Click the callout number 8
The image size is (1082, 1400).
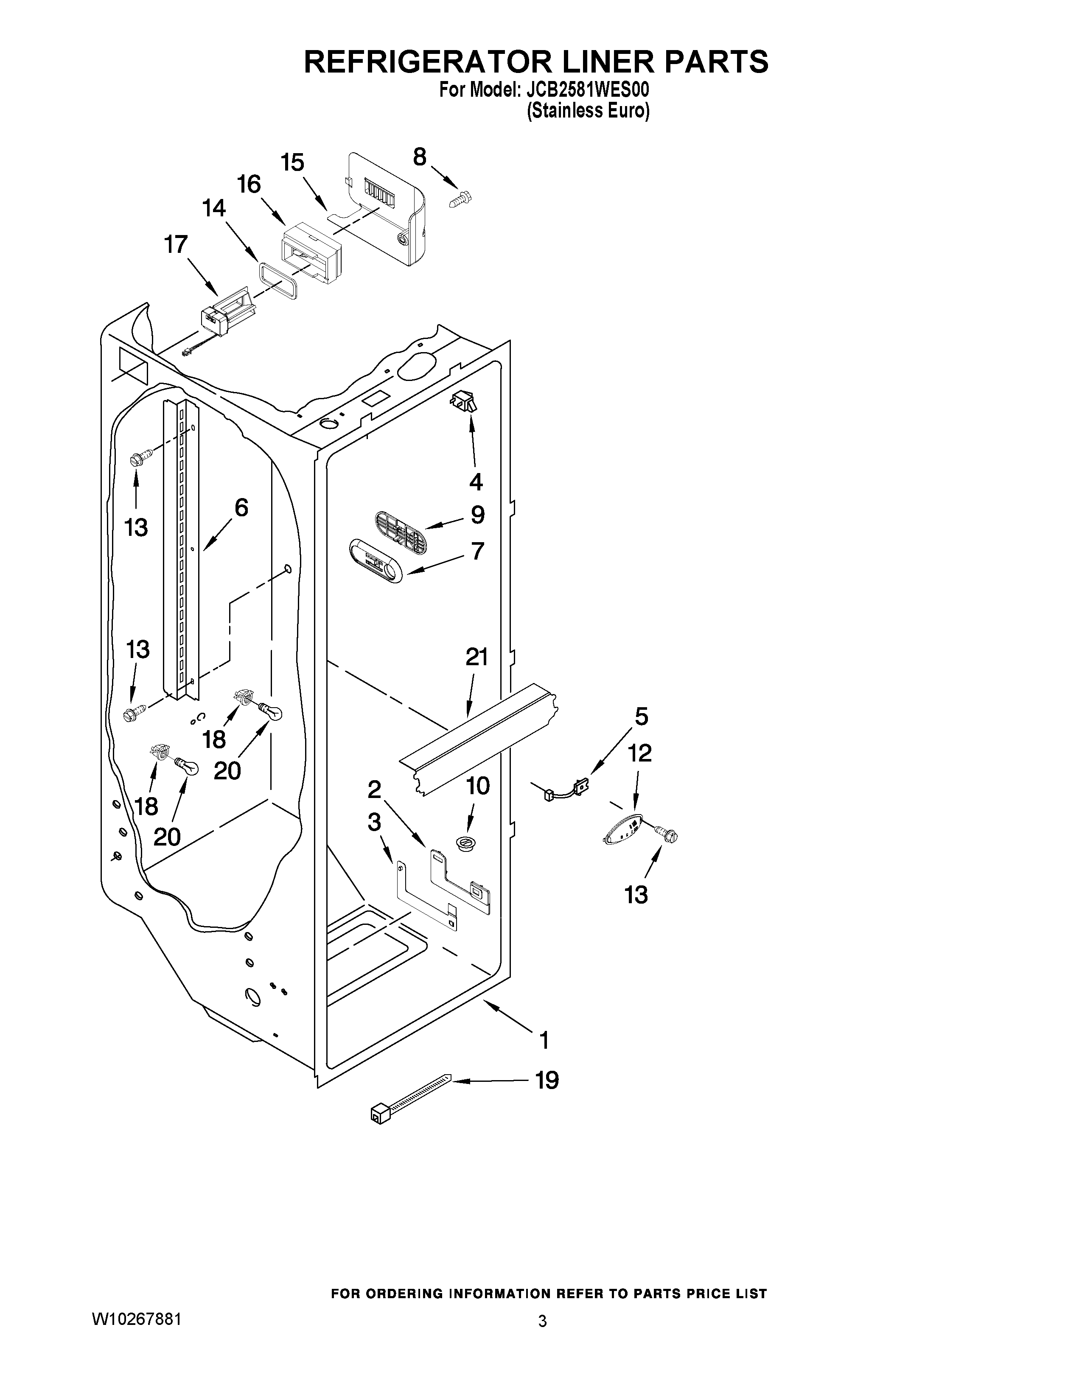[x=419, y=157]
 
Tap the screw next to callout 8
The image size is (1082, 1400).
[x=460, y=200]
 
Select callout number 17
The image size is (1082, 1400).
[x=176, y=244]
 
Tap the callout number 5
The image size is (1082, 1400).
[x=641, y=716]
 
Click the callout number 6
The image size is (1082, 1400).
[x=241, y=508]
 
